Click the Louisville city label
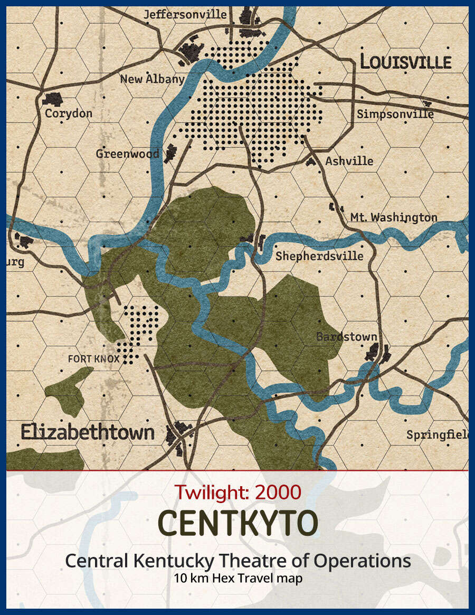coord(406,62)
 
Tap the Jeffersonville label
coord(185,14)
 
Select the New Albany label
coord(152,79)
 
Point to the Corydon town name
coord(69,113)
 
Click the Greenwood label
coord(127,154)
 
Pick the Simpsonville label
coord(395,114)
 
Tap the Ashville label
coord(349,160)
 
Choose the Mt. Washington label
coord(394,217)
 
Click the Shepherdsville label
coord(319,256)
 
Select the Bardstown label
coord(347,336)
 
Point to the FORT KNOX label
coord(94,359)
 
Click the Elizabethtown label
coord(88,432)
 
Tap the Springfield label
coord(437,435)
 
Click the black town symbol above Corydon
coord(53,98)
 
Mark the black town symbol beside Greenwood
coord(170,153)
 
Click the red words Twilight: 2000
coord(238,492)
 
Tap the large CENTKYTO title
coord(238,523)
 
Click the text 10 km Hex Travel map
coord(238,578)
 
